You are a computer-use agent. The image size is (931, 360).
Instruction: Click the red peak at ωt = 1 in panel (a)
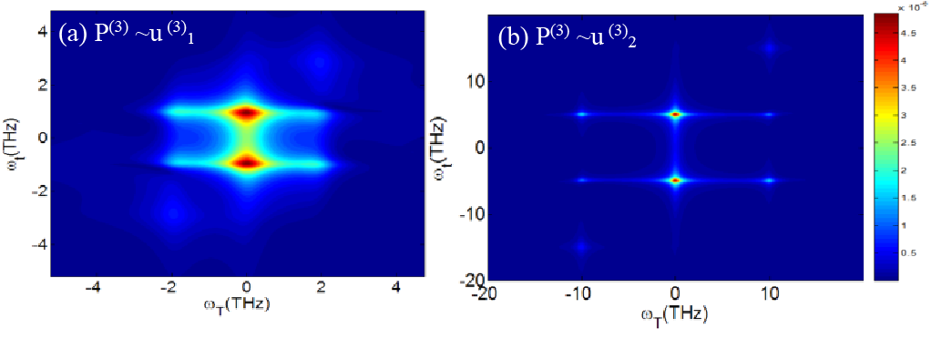tap(246, 114)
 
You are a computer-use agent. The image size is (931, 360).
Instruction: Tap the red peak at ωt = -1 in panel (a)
tap(246, 162)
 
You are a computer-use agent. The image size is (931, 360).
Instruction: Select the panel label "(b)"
tap(511, 37)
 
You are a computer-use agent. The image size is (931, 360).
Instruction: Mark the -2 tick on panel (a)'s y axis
tap(37, 191)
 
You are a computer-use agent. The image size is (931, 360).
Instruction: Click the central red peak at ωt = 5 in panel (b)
tap(675, 115)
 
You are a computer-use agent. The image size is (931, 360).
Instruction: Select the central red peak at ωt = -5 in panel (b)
tap(675, 180)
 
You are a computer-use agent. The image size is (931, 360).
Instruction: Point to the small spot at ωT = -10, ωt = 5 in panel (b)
tap(581, 115)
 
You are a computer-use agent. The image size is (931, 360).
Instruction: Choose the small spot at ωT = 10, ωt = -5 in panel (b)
tap(769, 180)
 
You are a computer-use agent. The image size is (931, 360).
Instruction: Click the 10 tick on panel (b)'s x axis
tap(769, 293)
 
